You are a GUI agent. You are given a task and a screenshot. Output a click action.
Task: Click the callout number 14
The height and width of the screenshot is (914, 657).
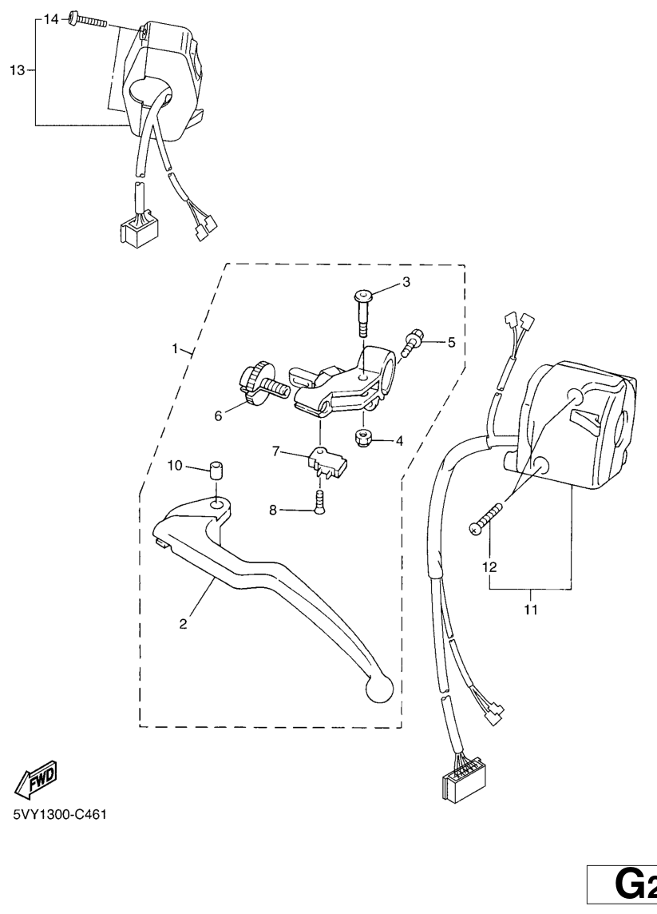[51, 20]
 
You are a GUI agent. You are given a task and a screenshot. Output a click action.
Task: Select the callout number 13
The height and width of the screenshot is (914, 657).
[18, 70]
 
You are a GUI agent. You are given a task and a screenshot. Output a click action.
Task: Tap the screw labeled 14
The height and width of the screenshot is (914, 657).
[89, 21]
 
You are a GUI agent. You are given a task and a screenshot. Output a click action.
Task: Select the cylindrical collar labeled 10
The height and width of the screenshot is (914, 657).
[216, 470]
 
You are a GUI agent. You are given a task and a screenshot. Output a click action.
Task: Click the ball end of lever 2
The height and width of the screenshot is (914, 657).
[378, 689]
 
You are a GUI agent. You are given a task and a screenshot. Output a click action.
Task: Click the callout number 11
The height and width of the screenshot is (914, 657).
[531, 610]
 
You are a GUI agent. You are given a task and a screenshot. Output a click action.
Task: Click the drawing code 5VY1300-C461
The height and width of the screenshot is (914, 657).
[60, 814]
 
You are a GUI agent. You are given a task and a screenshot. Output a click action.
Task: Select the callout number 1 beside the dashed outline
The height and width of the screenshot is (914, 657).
[175, 348]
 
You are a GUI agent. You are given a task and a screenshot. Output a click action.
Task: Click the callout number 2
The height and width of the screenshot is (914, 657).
[183, 624]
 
